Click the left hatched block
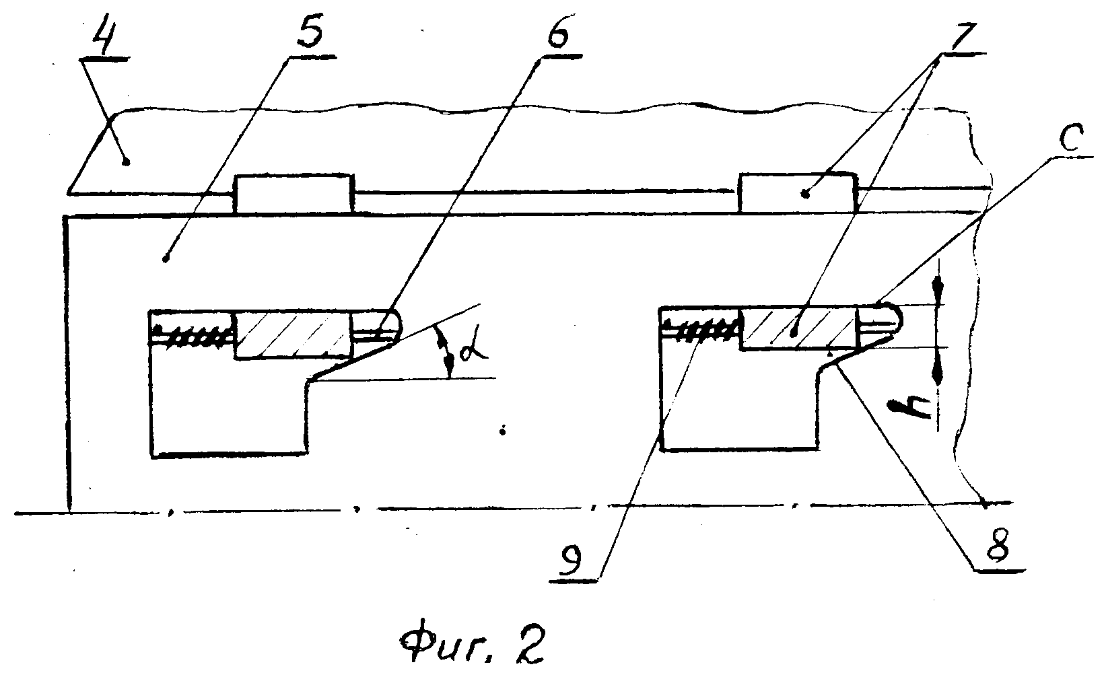point(294,335)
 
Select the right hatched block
point(798,328)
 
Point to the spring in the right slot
point(700,329)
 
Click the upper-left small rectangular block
point(294,194)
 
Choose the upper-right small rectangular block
point(797,193)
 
